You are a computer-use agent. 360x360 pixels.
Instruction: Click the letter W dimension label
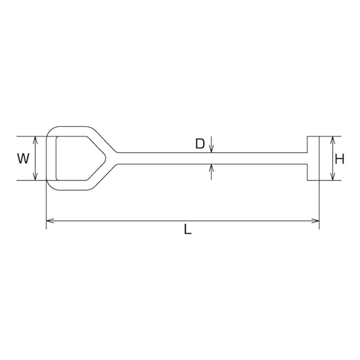[x=23, y=158]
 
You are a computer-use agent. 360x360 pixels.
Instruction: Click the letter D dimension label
[x=200, y=143]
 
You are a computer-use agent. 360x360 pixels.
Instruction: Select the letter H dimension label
[x=339, y=159]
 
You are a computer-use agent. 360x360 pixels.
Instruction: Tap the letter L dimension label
[x=187, y=229]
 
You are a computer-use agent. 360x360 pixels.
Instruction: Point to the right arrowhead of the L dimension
[x=315, y=221]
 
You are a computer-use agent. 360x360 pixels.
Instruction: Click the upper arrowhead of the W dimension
[x=35, y=140]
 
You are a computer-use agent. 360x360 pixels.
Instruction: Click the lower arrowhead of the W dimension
[x=35, y=176]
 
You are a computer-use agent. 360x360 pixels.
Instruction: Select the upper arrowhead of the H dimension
[x=332, y=140]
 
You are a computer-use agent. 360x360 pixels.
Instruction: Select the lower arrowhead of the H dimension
[x=332, y=176]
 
